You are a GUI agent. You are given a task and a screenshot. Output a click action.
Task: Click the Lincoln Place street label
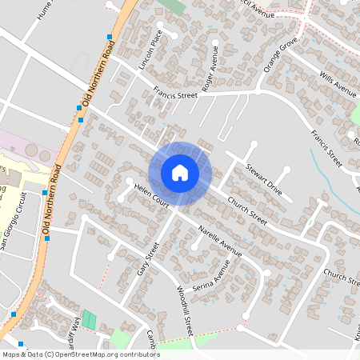pyautogui.click(x=150, y=50)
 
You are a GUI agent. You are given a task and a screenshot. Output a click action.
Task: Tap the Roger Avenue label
pyautogui.click(x=210, y=69)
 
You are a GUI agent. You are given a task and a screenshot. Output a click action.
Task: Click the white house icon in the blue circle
pyautogui.click(x=180, y=173)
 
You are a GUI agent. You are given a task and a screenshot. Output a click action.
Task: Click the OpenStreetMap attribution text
pyautogui.click(x=81, y=354)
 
